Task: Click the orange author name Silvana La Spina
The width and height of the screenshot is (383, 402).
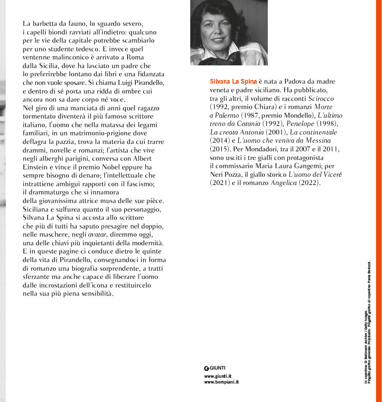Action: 233,81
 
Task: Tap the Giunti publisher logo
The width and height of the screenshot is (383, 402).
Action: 215,368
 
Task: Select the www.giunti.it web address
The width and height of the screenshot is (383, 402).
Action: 218,376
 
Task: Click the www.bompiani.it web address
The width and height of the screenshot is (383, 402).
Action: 221,382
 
